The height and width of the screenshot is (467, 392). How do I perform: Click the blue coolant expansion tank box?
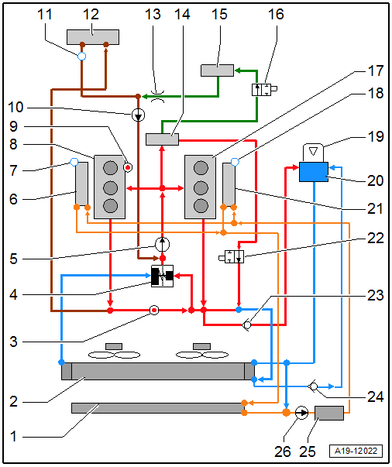coord(314,172)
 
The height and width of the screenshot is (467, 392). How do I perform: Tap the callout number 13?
coord(153,14)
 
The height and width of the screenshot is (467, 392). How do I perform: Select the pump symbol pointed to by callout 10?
coord(138,115)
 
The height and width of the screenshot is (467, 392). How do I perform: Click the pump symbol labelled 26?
coord(301,413)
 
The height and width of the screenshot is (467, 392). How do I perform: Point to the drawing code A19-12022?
coord(356,451)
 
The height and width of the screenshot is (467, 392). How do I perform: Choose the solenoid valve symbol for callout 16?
coord(264,90)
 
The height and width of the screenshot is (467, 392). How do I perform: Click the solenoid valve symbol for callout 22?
coord(232,256)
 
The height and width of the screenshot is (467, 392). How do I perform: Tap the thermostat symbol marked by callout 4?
coord(163,276)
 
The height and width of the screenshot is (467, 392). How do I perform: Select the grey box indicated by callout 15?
coord(217,70)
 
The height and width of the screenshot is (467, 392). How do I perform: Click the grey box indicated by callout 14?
coord(163,139)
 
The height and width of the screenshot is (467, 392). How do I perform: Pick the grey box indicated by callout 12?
coord(93,37)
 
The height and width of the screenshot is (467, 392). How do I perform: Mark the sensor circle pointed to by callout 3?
coord(154,311)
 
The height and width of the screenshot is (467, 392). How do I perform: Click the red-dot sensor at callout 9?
coord(128,167)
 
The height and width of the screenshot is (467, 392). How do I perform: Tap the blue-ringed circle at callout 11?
coord(81,56)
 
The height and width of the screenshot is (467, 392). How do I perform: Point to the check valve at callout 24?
coord(313,386)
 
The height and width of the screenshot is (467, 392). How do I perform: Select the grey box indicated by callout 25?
coord(329,413)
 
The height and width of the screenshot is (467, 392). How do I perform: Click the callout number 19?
coord(376,137)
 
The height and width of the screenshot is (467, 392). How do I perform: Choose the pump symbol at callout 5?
coord(163,244)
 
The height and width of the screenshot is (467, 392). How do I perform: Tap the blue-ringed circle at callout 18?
coord(235,162)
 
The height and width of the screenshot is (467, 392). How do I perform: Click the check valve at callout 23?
coord(247,325)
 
